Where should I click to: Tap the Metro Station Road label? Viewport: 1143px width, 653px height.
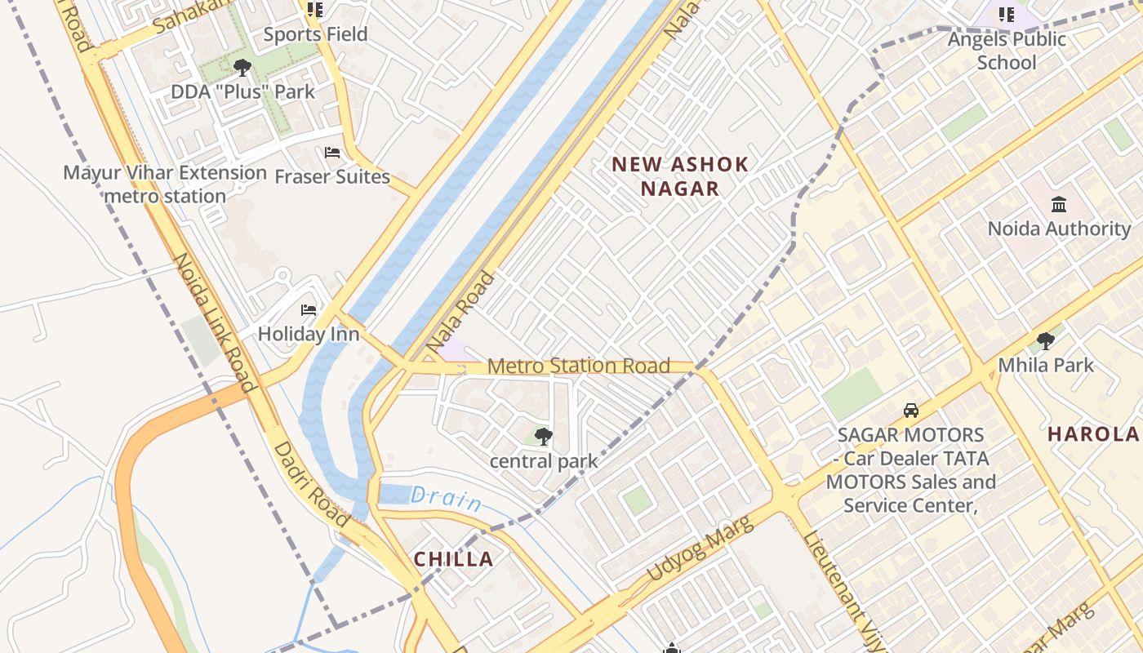click(x=578, y=366)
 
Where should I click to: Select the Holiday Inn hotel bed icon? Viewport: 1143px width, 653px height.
click(x=309, y=310)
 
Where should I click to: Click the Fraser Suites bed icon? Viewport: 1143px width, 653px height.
click(x=332, y=153)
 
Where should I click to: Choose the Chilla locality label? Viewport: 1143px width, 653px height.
click(x=453, y=559)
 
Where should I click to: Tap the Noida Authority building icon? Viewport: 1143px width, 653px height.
click(x=1059, y=204)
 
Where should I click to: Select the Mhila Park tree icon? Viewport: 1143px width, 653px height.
click(x=1045, y=340)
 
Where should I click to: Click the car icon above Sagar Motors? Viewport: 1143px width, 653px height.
click(x=911, y=411)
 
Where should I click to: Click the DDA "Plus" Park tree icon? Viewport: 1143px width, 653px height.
click(x=242, y=67)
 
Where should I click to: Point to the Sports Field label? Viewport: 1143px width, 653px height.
click(x=315, y=34)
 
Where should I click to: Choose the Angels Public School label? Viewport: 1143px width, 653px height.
click(x=1007, y=51)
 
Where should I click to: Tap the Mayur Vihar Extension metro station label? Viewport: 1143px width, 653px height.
click(x=165, y=184)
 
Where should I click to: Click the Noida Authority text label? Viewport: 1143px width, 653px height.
click(x=1059, y=229)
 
